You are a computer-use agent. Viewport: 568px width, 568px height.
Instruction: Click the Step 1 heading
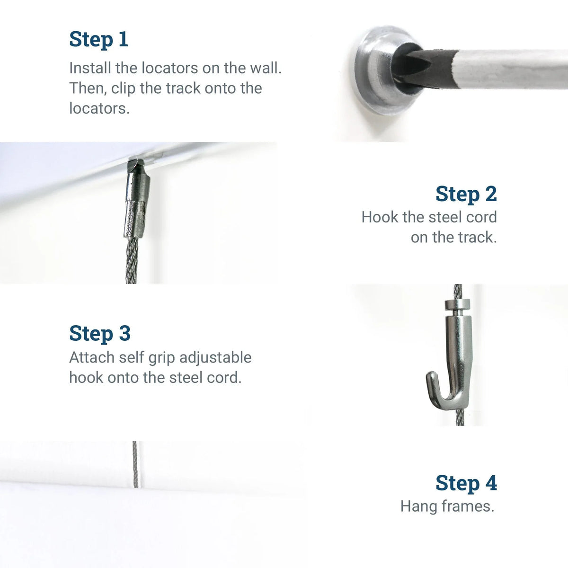click(98, 39)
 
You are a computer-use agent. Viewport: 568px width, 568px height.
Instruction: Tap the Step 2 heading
click(466, 194)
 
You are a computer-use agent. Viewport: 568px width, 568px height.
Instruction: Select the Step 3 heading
click(99, 333)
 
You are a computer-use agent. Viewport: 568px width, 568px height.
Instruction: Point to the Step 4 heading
click(466, 483)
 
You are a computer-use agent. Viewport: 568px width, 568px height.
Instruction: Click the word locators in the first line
click(170, 68)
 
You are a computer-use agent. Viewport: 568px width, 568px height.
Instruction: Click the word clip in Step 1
click(124, 89)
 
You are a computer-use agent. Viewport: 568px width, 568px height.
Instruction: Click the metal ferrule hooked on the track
click(137, 204)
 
